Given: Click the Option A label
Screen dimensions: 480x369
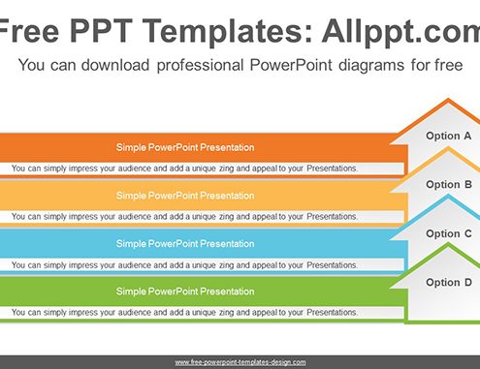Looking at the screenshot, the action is (448, 137).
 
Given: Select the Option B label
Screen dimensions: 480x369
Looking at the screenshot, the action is (449, 185).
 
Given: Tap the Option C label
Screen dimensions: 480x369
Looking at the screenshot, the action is (449, 233).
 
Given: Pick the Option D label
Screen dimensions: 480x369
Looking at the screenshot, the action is (449, 283).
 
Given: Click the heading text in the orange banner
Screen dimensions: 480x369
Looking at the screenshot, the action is (185, 147).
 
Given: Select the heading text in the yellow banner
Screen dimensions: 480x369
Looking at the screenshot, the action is (185, 196).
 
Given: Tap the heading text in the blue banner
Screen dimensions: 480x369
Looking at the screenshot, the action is (185, 244).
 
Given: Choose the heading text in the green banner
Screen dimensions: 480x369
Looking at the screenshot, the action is (185, 292).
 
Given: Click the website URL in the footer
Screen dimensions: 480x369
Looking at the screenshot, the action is (240, 362).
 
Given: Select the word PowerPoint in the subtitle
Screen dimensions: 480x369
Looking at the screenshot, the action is (291, 65).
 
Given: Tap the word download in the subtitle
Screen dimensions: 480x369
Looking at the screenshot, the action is (115, 65).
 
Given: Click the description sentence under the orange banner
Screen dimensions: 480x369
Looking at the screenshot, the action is (184, 169).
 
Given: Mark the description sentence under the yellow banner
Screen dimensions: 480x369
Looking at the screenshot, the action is (184, 217).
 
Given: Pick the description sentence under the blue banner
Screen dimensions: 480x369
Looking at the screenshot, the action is (184, 265).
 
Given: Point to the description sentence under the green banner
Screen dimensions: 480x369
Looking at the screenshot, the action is (184, 313).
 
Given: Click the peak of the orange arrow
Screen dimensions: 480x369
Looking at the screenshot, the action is (448, 99).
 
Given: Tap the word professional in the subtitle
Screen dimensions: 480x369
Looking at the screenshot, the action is (200, 66).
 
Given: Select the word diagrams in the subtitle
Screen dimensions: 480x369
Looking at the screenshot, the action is (371, 66).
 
